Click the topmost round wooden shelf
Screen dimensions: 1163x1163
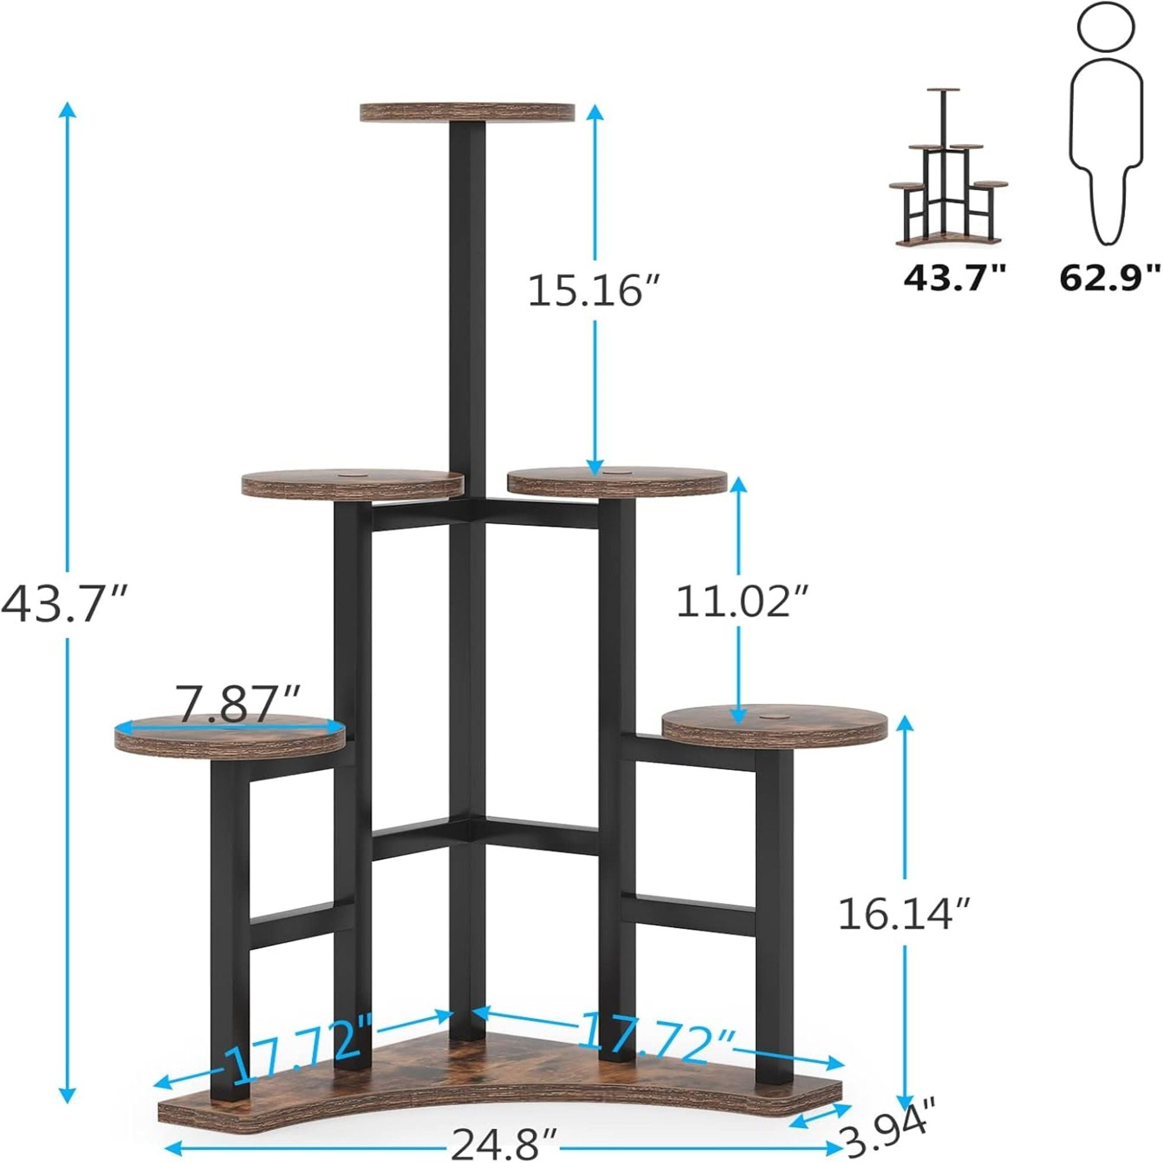(468, 112)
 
